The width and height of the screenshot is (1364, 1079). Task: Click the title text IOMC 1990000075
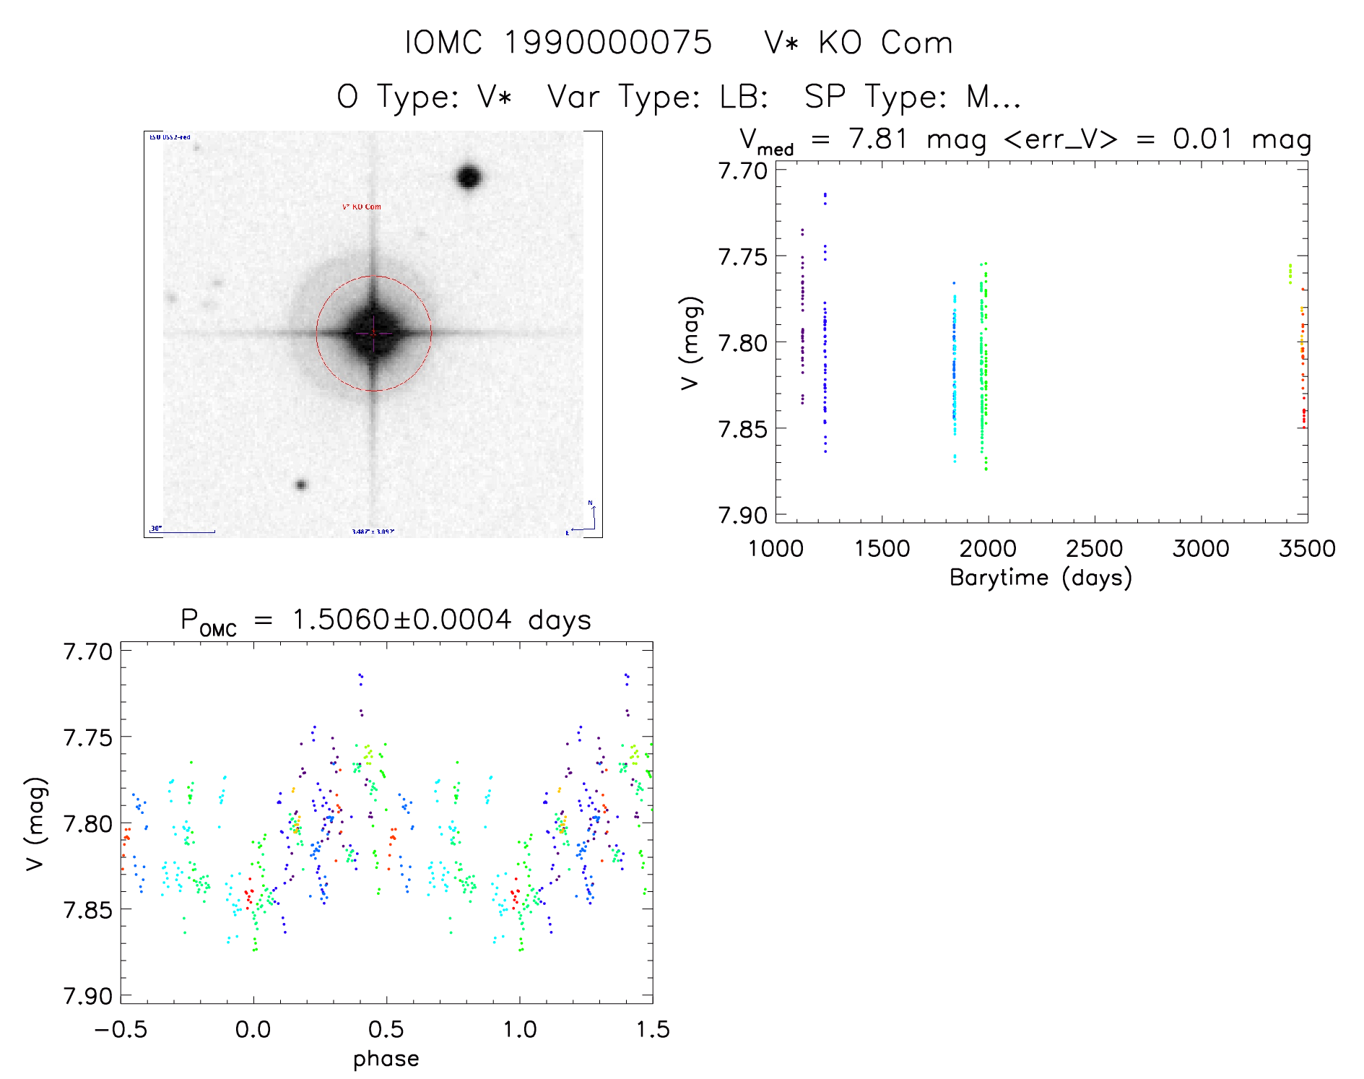pyautogui.click(x=557, y=43)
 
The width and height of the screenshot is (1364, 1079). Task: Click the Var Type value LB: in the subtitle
pyautogui.click(x=743, y=97)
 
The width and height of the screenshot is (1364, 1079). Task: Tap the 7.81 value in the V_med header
pyautogui.click(x=877, y=139)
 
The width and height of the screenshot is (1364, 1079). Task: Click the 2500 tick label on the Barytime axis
pyautogui.click(x=1094, y=549)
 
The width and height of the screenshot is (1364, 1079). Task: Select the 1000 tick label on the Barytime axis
pyautogui.click(x=776, y=549)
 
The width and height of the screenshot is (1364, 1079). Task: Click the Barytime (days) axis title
pyautogui.click(x=1041, y=578)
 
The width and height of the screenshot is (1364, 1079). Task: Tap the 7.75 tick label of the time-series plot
pyautogui.click(x=742, y=257)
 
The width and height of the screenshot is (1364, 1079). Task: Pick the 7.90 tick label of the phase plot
pyautogui.click(x=88, y=997)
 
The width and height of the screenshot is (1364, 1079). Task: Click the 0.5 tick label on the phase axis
pyautogui.click(x=386, y=1030)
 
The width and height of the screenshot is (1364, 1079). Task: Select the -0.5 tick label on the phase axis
pyautogui.click(x=121, y=1030)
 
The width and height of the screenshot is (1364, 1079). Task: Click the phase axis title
pyautogui.click(x=386, y=1059)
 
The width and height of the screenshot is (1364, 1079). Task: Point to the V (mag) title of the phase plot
pyautogui.click(x=35, y=824)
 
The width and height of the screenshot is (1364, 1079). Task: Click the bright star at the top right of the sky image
pyautogui.click(x=469, y=177)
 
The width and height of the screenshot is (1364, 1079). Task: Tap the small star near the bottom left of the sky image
pyautogui.click(x=301, y=485)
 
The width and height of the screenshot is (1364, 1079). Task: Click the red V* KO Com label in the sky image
pyautogui.click(x=361, y=207)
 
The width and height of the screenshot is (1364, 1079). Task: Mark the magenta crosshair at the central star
pyautogui.click(x=373, y=334)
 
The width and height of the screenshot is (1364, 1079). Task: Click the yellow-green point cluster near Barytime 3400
pyautogui.click(x=1290, y=274)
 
